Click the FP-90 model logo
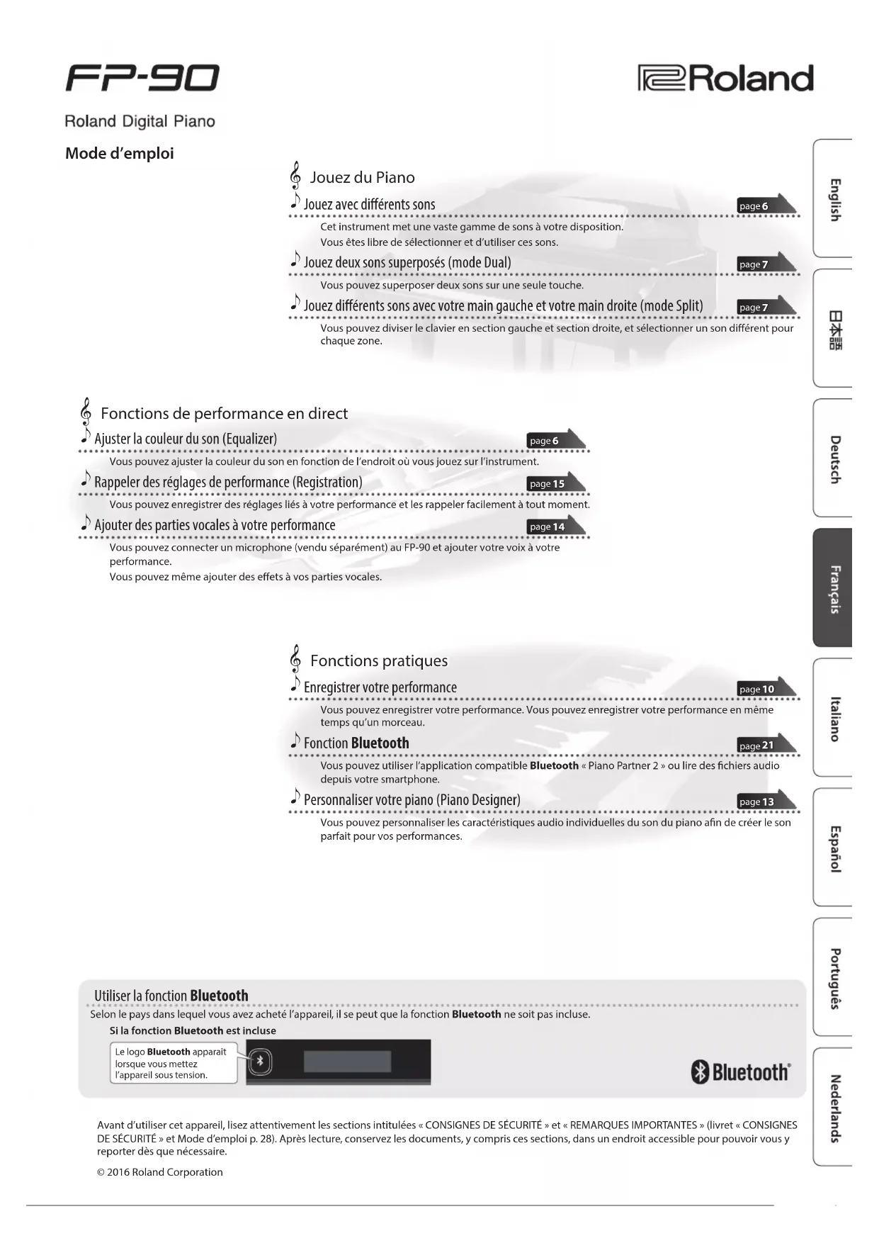coord(142,78)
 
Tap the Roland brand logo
coord(725,79)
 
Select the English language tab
coord(834,199)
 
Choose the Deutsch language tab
coord(834,459)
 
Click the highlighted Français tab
coord(834,588)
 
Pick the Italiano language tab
coord(834,718)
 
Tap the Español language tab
coord(834,848)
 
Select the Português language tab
coord(834,977)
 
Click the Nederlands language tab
coord(834,1108)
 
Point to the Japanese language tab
coord(834,329)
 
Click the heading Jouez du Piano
coord(362,177)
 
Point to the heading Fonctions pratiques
coord(379,660)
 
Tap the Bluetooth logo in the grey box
coord(739,1072)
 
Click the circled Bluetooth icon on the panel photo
coord(260,1061)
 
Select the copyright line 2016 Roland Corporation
coord(160,1172)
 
